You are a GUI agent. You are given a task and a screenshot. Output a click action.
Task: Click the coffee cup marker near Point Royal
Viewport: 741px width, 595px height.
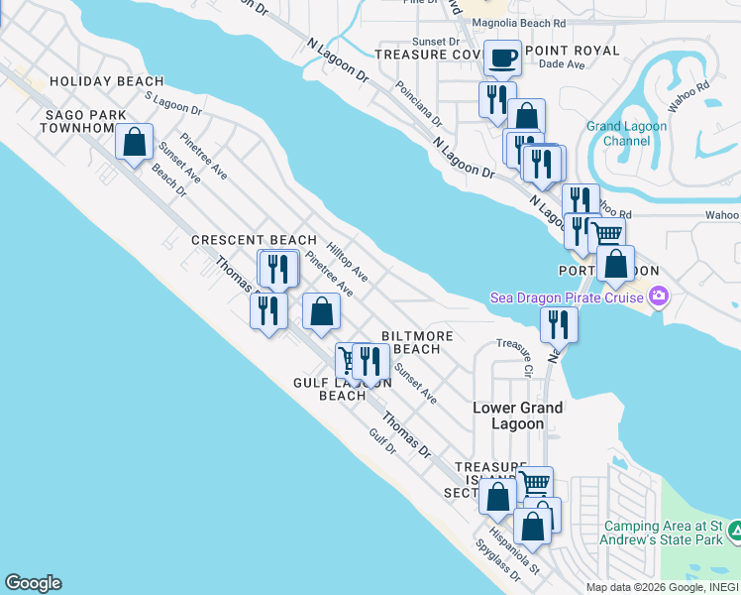coord(502,58)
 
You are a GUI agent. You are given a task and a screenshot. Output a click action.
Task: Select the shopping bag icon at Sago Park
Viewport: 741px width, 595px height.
coord(134,141)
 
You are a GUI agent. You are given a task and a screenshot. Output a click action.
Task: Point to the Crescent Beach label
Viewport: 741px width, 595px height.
coord(254,240)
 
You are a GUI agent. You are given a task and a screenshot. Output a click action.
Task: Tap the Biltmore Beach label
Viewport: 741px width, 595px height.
coord(423,342)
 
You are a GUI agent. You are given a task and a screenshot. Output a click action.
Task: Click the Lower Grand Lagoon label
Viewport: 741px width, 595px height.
coord(517,416)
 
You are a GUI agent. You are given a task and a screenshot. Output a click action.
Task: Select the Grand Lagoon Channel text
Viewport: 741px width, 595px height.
coord(626,134)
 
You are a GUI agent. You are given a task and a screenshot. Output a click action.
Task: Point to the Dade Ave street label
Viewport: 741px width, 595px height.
coord(562,65)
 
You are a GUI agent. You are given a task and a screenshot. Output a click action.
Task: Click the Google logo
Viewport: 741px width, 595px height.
coord(33,583)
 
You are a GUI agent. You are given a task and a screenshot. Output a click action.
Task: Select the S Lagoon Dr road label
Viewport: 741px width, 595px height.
coord(173,103)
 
